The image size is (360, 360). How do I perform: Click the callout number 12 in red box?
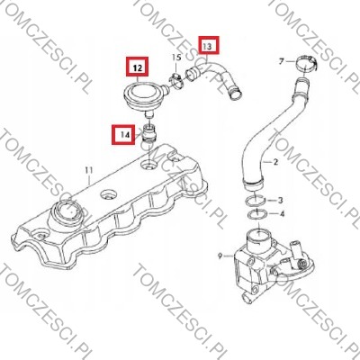tap(138, 68)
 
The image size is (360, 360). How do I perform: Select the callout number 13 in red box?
tap(208, 46)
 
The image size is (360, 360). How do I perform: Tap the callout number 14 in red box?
tap(126, 135)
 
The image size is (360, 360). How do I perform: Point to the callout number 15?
tap(176, 58)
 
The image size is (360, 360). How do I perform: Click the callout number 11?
tap(89, 170)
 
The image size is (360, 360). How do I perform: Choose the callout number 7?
tap(281, 62)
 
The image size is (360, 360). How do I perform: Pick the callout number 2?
tap(276, 162)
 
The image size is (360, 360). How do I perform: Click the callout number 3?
tap(280, 200)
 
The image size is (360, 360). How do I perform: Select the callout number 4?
tap(282, 214)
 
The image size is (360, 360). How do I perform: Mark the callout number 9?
tap(220, 256)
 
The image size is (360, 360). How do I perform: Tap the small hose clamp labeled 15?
tap(176, 80)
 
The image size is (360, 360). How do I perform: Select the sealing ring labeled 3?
tap(255, 201)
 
